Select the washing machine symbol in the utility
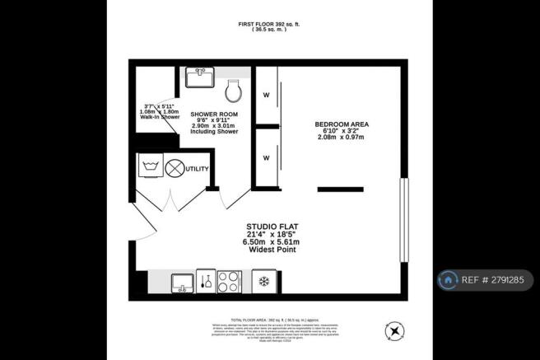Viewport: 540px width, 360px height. click(150, 169)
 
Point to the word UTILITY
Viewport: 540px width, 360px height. click(198, 169)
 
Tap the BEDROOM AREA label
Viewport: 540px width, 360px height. click(341, 124)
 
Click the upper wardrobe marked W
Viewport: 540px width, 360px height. click(266, 94)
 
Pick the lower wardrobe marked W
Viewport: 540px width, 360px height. click(266, 156)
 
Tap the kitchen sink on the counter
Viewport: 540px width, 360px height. click(181, 283)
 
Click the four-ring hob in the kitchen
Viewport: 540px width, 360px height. click(228, 283)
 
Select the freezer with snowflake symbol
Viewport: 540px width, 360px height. click(264, 283)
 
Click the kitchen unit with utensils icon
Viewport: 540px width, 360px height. click(205, 283)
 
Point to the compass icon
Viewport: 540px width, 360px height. click(395, 331)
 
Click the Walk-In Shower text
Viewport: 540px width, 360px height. click(159, 117)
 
